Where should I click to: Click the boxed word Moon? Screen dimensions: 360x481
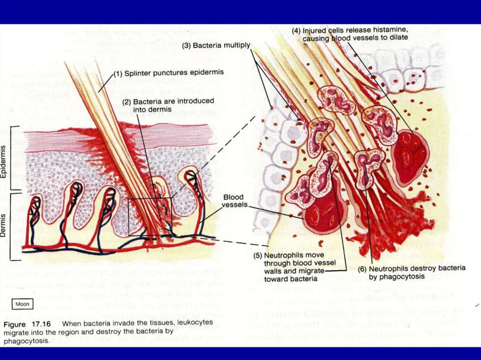(23, 304)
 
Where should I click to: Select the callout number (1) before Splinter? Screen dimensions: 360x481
(118, 73)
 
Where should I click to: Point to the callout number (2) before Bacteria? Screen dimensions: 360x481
(126, 101)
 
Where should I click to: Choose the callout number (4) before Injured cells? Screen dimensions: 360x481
(296, 31)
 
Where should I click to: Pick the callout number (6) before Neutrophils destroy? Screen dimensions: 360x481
(362, 268)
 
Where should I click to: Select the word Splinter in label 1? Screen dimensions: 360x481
(139, 73)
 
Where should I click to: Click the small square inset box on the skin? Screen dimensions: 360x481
(149, 217)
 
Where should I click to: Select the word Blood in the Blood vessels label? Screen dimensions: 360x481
(233, 197)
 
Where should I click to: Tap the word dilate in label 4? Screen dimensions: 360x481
(397, 38)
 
